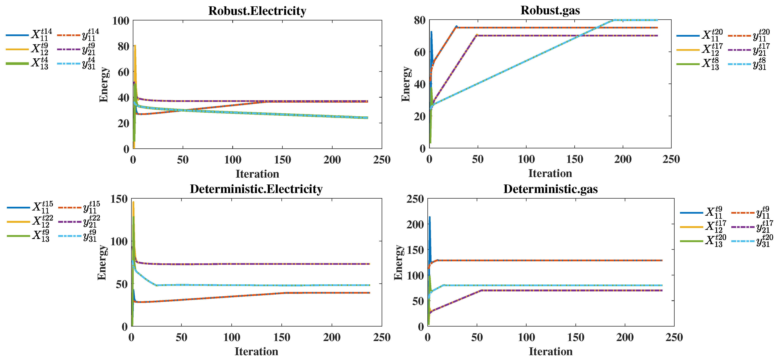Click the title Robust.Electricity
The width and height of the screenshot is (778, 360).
click(257, 11)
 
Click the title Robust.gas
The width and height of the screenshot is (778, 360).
click(550, 10)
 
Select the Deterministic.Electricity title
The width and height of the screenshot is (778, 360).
click(256, 189)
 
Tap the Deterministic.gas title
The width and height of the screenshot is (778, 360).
click(550, 189)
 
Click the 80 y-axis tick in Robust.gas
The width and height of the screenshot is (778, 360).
click(420, 20)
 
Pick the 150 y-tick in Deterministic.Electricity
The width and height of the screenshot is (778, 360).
click(119, 199)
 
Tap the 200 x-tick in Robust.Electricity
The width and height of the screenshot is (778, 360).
click(332, 160)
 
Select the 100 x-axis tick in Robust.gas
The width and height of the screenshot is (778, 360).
click(526, 159)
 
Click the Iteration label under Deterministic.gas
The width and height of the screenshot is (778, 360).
click(550, 352)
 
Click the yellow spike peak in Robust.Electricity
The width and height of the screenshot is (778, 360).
click(135, 46)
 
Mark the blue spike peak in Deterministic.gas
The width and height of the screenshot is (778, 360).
click(429, 217)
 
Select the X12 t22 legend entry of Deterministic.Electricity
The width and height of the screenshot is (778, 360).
click(30, 222)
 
